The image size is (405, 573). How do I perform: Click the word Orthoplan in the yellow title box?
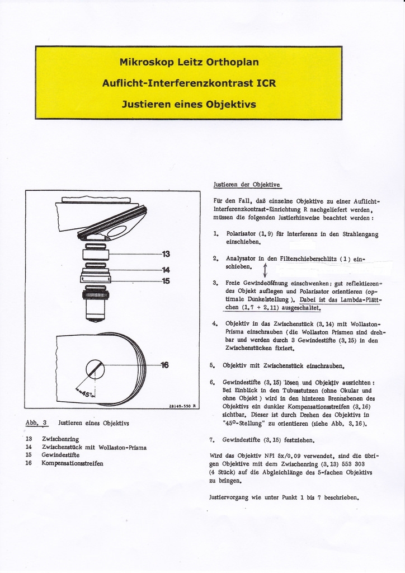tap(232, 62)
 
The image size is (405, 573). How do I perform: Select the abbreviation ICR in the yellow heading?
tap(266, 83)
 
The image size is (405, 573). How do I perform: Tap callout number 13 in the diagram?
tap(166, 254)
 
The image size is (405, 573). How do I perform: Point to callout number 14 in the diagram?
tap(166, 270)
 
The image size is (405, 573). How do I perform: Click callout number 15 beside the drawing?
tap(166, 281)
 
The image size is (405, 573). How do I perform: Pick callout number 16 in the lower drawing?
tap(164, 365)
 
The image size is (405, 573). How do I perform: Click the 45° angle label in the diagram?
tap(87, 393)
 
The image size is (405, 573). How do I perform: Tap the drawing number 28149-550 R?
tap(182, 406)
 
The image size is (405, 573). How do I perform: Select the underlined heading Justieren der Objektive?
tap(247, 185)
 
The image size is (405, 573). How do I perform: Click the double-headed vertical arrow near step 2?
tap(265, 270)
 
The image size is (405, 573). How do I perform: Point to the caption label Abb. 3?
tap(36, 423)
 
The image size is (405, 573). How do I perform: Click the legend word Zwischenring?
tap(60, 439)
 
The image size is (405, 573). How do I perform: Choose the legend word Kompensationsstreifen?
tap(72, 463)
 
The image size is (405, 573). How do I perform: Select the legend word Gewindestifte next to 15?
tap(60, 455)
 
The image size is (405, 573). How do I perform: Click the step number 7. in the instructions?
tap(212, 440)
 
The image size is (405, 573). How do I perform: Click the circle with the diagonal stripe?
tap(95, 369)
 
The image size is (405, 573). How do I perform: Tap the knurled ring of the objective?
tap(95, 294)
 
